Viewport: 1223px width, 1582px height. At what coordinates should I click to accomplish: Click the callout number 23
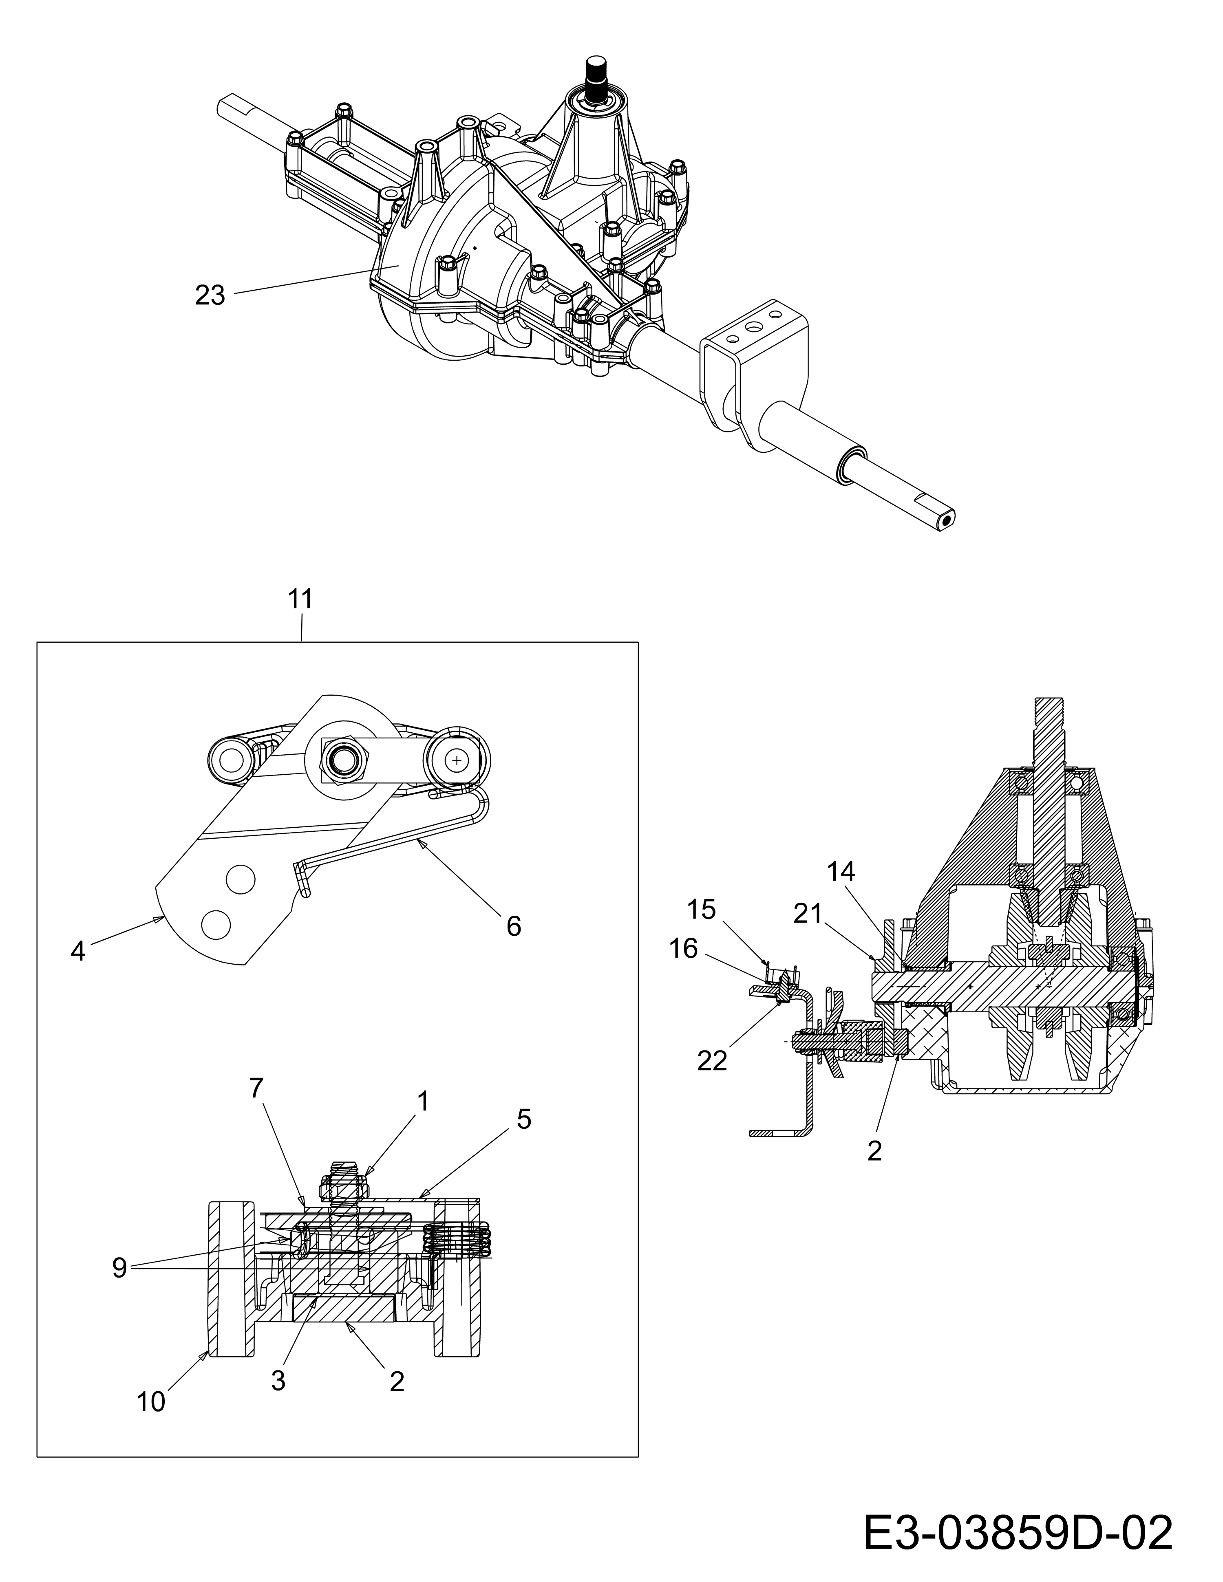pyautogui.click(x=210, y=295)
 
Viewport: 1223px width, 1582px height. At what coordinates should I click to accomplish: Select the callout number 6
pyautogui.click(x=514, y=926)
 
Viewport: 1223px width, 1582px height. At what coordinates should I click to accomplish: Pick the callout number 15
pyautogui.click(x=701, y=909)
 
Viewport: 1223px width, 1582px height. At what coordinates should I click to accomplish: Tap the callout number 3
pyautogui.click(x=278, y=1381)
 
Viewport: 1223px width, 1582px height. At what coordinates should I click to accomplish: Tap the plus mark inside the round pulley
pyautogui.click(x=457, y=760)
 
